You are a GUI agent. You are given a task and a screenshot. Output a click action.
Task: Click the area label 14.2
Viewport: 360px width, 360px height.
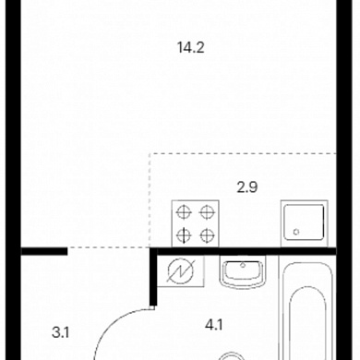(191, 48)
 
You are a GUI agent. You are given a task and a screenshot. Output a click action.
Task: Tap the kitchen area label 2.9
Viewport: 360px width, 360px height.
(247, 187)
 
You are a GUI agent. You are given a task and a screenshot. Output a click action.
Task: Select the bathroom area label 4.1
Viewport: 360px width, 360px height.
(214, 325)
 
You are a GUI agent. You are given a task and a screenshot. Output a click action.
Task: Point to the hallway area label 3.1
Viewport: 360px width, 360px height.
(60, 332)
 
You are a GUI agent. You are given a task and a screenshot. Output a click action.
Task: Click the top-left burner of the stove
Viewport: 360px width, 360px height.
(184, 212)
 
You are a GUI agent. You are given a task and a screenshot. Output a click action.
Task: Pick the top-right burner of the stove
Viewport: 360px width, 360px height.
(207, 212)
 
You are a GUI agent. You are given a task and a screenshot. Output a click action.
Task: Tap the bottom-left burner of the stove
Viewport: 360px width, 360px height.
(184, 235)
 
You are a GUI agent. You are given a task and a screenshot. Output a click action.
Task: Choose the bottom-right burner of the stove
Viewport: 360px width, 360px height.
(207, 235)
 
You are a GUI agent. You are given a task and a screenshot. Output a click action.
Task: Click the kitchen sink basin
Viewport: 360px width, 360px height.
(304, 222)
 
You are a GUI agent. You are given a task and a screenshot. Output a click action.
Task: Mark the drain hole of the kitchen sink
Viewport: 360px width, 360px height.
(296, 232)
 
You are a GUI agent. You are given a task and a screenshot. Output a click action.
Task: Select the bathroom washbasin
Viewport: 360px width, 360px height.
(243, 272)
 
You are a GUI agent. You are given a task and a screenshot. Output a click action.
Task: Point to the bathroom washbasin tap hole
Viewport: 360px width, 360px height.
(243, 265)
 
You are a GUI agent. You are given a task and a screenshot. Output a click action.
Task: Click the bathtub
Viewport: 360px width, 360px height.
(307, 311)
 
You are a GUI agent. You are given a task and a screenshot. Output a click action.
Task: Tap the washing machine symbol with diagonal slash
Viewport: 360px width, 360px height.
(181, 270)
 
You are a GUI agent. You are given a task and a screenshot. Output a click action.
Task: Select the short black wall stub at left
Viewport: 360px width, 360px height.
(44, 251)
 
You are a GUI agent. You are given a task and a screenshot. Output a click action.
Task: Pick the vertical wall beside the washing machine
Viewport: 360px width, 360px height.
(153, 276)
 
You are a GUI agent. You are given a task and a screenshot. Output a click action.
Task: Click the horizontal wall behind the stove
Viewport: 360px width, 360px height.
(246, 251)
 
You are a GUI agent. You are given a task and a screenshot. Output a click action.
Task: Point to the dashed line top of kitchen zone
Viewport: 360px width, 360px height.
(243, 153)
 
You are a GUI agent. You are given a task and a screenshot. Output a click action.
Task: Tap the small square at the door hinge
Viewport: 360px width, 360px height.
(152, 307)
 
